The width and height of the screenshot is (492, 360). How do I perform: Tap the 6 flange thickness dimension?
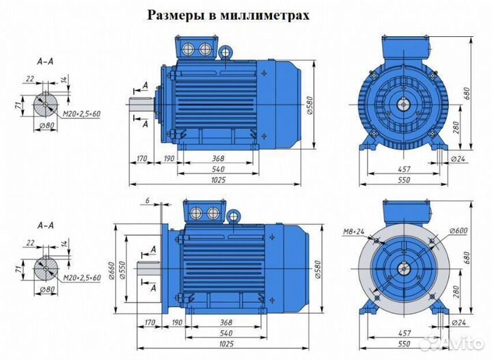(147, 200)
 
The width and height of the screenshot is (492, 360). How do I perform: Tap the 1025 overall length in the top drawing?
(218, 180)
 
